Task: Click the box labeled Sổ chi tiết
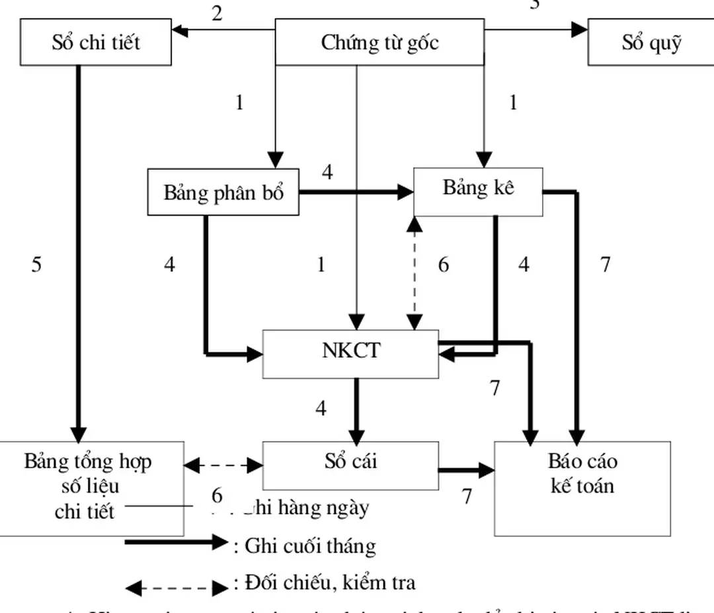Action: pos(96,42)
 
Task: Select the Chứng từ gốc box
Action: pos(379,42)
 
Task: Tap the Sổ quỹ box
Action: pos(651,42)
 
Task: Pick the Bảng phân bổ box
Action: pos(223,192)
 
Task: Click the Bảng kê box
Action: pos(478,191)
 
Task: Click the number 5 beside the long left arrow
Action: pos(36,265)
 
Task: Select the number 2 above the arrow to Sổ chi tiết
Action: pos(217,13)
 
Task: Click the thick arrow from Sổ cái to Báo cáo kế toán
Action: pos(466,470)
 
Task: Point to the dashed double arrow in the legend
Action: pos(177,587)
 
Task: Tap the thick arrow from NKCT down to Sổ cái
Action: pos(356,410)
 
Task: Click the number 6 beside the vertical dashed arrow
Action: pos(443,265)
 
